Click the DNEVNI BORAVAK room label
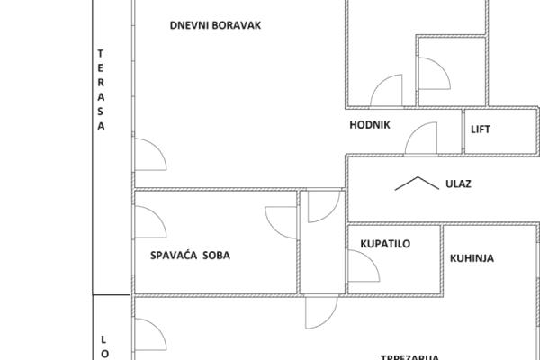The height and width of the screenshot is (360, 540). (215, 25)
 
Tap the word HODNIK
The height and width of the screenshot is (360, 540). (369, 126)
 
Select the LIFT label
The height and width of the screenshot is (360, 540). (481, 129)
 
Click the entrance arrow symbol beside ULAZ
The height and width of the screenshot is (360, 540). (413, 183)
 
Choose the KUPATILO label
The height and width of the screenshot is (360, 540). (385, 244)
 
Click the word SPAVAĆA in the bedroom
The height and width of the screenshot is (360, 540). (172, 256)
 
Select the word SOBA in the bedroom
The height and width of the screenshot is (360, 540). (216, 256)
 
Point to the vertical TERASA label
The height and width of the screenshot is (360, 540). (101, 90)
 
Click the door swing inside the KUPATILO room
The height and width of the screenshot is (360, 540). (362, 265)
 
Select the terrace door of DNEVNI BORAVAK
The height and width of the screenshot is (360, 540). (148, 157)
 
